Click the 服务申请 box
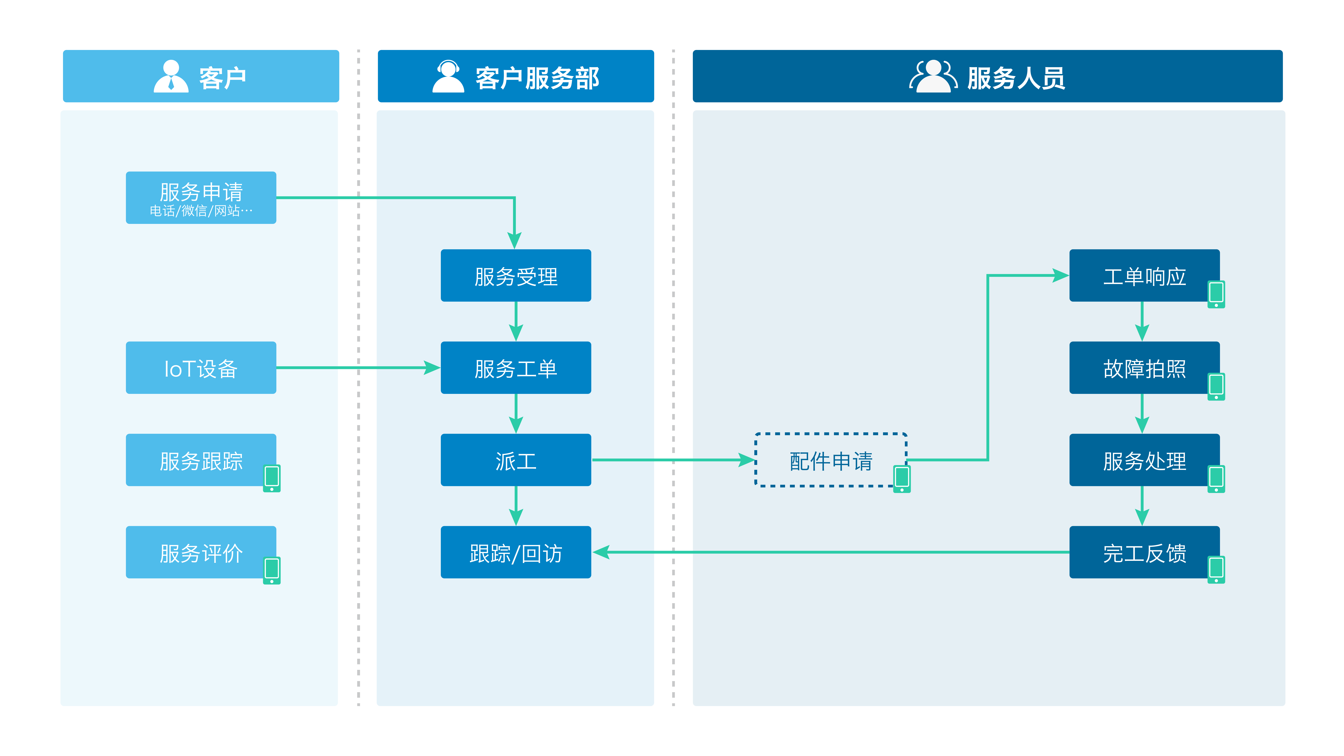[x=201, y=198]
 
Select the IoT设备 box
[x=201, y=368]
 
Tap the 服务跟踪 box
[x=201, y=460]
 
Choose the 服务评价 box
[x=201, y=552]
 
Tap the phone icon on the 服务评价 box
[x=272, y=570]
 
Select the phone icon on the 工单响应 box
[x=1216, y=294]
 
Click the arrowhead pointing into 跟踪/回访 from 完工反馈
[x=601, y=552]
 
